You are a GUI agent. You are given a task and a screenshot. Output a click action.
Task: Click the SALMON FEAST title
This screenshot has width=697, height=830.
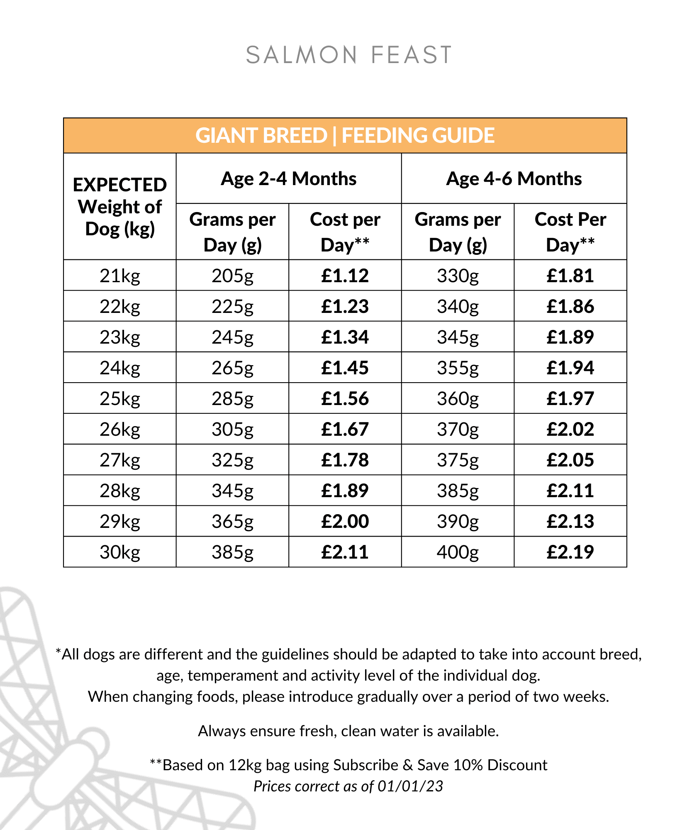tap(348, 55)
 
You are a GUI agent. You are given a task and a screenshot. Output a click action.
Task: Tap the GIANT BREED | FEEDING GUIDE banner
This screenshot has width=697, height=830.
tap(345, 136)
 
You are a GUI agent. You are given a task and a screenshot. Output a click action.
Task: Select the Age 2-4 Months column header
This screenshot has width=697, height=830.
tap(288, 179)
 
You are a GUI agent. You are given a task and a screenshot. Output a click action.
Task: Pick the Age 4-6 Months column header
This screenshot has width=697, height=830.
tap(514, 179)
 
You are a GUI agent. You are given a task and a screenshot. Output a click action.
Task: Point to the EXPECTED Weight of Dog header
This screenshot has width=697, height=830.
tap(120, 207)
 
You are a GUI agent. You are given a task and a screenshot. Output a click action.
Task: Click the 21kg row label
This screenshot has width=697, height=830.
tap(120, 276)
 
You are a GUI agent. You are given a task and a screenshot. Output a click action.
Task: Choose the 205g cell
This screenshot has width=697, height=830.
tap(232, 276)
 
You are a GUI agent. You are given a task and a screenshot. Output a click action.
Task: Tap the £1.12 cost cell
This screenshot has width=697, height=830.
tap(345, 276)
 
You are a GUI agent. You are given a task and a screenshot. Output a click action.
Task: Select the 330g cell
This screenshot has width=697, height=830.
tap(458, 276)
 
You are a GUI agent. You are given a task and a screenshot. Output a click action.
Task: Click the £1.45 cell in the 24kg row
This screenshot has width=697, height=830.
tap(345, 368)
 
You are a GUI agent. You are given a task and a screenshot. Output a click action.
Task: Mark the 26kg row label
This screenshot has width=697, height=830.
tap(120, 430)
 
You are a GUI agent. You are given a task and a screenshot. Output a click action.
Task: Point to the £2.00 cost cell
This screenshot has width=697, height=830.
tap(345, 522)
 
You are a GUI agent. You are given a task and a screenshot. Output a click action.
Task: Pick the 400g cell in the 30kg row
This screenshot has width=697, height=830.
tap(458, 552)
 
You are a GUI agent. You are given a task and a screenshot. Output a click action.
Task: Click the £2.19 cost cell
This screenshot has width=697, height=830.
tap(570, 552)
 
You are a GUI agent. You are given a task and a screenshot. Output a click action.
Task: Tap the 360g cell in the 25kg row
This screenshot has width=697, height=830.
tap(458, 399)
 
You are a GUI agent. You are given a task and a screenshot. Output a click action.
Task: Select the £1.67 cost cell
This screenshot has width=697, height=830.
tap(345, 430)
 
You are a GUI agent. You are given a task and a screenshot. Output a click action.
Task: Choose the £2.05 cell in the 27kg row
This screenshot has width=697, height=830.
tap(570, 460)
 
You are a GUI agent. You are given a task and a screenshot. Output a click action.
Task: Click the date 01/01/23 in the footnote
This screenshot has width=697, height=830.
tap(410, 786)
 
